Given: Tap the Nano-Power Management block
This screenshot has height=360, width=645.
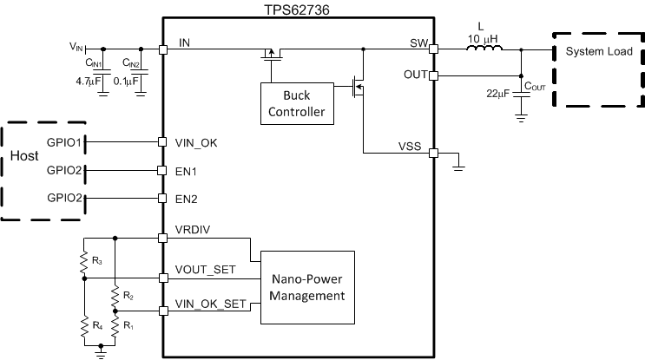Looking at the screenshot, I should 308,287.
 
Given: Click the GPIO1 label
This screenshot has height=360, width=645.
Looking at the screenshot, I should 65,141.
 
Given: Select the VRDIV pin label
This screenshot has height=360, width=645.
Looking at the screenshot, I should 193,232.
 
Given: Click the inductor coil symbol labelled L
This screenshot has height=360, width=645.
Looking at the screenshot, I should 484,49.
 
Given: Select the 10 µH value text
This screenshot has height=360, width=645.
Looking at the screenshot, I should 483,37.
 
